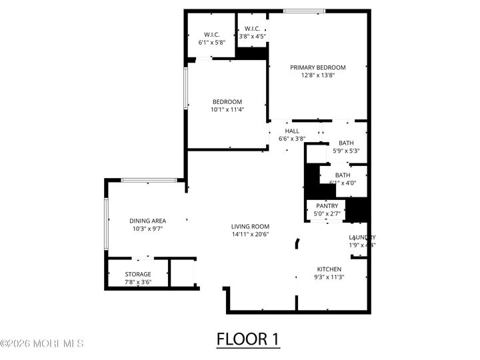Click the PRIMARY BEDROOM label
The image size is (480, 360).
(317, 67)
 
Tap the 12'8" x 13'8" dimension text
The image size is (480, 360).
(317, 75)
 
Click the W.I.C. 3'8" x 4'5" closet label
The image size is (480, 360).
(252, 32)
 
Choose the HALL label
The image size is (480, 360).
(292, 131)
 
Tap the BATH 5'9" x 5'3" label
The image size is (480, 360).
(346, 147)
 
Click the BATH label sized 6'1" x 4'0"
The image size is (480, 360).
(343, 179)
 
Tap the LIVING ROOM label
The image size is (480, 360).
(250, 227)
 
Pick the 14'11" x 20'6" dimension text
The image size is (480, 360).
(250, 235)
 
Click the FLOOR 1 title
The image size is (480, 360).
(248, 339)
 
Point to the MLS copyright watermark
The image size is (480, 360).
(42, 344)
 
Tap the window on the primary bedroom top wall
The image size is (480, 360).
(304, 11)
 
